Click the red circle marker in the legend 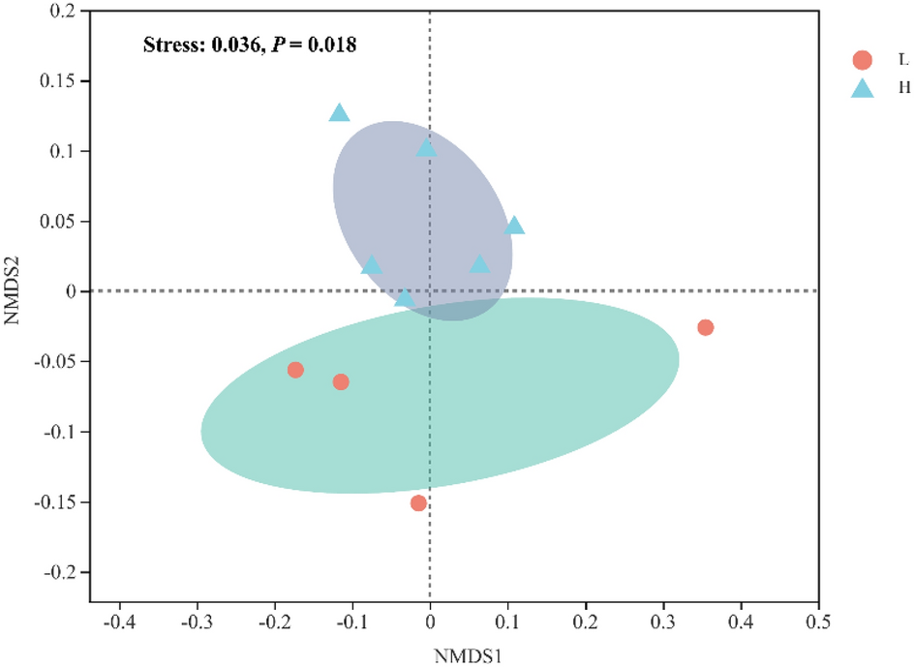(x=862, y=61)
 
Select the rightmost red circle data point (x=705, y=327)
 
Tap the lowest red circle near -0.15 (x=418, y=502)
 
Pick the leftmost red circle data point (x=295, y=370)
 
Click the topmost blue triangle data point (x=339, y=113)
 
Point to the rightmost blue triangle (x=514, y=226)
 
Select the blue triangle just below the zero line (x=405, y=298)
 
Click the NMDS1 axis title (x=468, y=654)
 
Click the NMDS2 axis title (x=14, y=291)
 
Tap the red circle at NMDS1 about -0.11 (x=341, y=381)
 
